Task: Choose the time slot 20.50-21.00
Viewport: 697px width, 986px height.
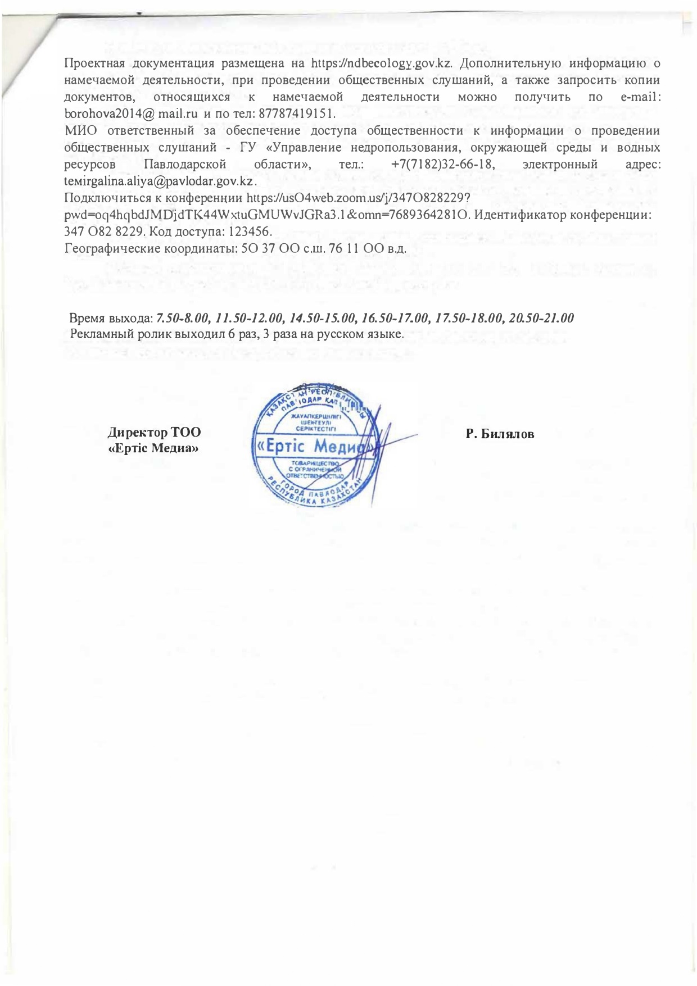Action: point(541,318)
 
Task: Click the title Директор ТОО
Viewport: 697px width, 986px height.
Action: point(154,433)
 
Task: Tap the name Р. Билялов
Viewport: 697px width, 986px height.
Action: point(500,434)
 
